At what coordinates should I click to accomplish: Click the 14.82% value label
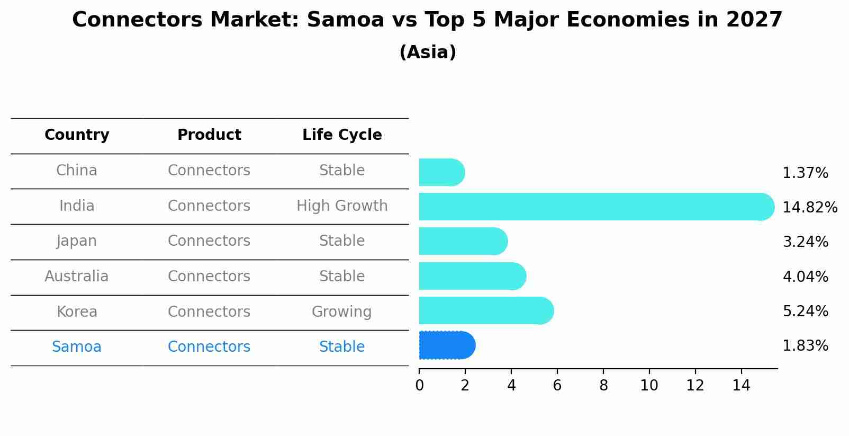[x=809, y=207]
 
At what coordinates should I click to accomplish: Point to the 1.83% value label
[x=805, y=346]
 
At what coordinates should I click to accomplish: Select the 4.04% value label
[x=805, y=277]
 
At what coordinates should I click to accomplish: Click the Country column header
[x=77, y=135]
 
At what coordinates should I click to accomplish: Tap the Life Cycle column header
[x=342, y=135]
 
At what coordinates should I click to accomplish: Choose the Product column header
[x=209, y=135]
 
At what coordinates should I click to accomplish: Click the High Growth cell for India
[x=342, y=206]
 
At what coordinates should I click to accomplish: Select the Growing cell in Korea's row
[x=341, y=312]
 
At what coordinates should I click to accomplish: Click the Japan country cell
[x=77, y=241]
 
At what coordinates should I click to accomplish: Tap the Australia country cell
[x=77, y=277]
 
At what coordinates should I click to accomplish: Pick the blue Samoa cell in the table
[x=77, y=347]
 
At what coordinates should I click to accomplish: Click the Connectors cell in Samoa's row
[x=209, y=347]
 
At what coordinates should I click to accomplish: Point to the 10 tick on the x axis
[x=649, y=386]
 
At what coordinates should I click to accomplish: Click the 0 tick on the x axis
[x=419, y=386]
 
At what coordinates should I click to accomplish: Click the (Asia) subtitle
[x=428, y=52]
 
